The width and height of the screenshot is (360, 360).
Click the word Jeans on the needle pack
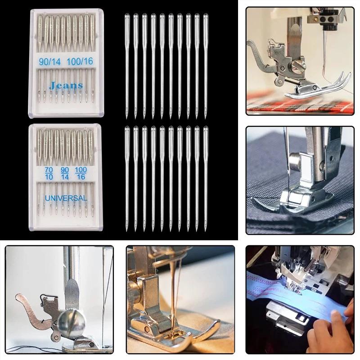(x=66, y=85)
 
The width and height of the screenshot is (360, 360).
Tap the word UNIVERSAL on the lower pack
(x=66, y=198)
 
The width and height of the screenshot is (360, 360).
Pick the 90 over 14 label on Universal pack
(x=65, y=173)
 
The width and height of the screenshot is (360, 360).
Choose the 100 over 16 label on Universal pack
(x=81, y=173)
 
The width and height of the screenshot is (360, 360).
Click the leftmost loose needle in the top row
(x=127, y=65)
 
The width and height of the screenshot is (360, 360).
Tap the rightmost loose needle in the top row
(x=206, y=65)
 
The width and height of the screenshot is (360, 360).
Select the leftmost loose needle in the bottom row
(x=127, y=178)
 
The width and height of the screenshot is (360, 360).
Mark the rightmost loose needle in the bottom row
(x=206, y=178)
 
